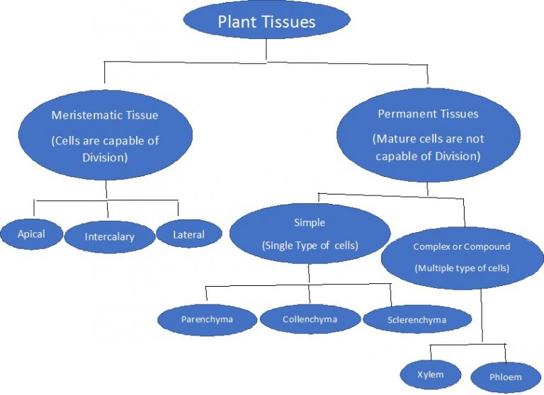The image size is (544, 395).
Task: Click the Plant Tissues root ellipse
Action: (x=266, y=21)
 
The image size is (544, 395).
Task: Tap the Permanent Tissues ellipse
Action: (x=427, y=134)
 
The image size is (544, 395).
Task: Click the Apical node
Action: (x=31, y=234)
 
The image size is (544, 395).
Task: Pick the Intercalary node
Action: (x=109, y=237)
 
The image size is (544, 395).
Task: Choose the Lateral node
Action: (x=188, y=234)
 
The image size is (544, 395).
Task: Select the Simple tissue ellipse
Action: (x=310, y=234)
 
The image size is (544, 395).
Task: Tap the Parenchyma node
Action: (x=207, y=319)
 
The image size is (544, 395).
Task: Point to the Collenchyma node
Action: (x=310, y=319)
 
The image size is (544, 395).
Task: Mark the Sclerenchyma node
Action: (x=416, y=320)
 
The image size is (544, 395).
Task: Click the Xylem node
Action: (x=431, y=373)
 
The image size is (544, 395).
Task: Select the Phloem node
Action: (x=505, y=377)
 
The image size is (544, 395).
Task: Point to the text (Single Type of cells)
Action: (x=310, y=246)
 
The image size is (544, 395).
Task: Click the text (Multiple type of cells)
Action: (x=462, y=268)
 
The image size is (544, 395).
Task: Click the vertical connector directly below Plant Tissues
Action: (x=266, y=50)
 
